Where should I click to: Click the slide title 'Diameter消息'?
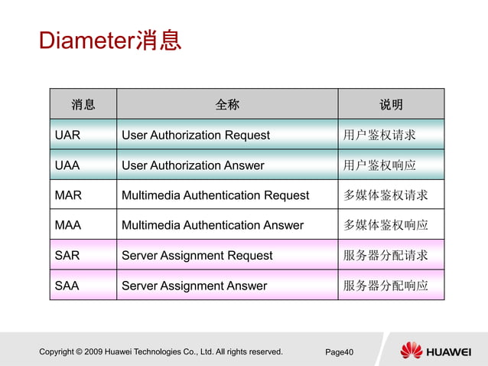(x=110, y=40)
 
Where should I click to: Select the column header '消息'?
(x=83, y=104)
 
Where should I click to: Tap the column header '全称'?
(x=227, y=104)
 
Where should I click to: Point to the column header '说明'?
(x=391, y=104)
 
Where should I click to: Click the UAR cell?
(x=67, y=135)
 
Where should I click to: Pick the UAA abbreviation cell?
(x=67, y=165)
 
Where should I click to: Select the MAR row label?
(x=68, y=195)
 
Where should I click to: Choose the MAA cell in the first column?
(x=68, y=225)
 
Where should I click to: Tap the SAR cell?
(x=67, y=255)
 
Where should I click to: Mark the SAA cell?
(x=67, y=286)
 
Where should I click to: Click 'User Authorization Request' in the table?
(x=196, y=135)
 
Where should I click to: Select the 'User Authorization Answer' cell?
(x=193, y=165)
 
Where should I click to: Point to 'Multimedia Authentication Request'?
(x=215, y=195)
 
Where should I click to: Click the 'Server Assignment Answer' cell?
(x=194, y=286)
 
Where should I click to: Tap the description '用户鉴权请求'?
(x=379, y=135)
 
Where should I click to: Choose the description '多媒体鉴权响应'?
(x=386, y=225)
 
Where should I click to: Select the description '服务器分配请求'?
(x=386, y=255)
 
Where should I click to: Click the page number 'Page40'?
(x=339, y=352)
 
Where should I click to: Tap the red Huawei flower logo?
(x=412, y=351)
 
